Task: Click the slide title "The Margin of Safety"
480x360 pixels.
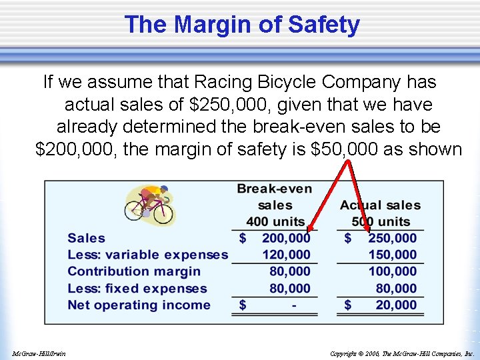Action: point(241,25)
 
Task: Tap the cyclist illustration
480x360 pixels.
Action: point(149,203)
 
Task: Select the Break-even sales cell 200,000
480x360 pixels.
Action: point(286,238)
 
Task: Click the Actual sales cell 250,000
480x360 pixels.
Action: point(392,238)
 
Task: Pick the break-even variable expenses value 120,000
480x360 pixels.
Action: point(286,255)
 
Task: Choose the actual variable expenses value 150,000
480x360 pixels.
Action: point(392,255)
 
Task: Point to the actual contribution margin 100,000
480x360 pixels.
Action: point(392,271)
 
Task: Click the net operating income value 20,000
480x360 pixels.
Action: point(396,305)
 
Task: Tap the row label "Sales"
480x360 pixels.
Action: point(87,238)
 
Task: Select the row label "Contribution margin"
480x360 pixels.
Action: point(134,271)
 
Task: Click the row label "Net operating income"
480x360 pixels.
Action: point(139,305)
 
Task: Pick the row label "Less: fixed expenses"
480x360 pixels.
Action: point(137,289)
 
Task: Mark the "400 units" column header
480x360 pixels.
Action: point(275,221)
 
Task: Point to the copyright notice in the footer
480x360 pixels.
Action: point(402,353)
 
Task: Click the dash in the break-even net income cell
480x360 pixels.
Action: point(294,305)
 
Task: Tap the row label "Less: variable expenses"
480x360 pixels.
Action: point(147,255)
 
